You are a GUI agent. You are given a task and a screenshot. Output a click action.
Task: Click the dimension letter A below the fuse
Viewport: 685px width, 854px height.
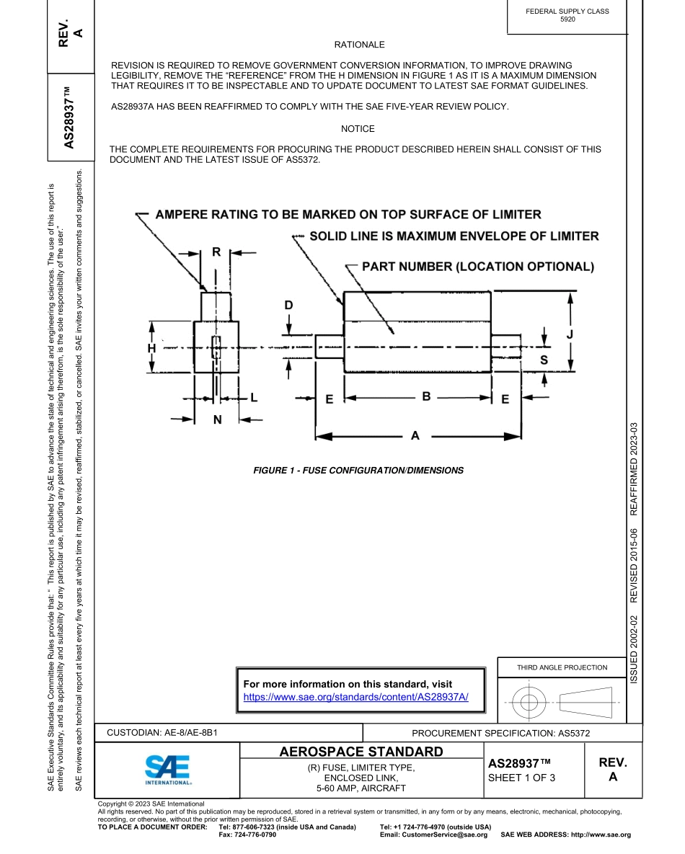[415, 435]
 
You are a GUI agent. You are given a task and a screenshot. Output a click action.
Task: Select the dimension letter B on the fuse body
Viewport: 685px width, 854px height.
[426, 396]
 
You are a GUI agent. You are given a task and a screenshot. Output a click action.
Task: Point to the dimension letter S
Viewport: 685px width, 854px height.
[544, 360]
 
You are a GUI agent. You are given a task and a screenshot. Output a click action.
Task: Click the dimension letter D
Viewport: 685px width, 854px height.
[288, 306]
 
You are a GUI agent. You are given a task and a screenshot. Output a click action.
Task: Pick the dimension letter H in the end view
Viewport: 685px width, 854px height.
[151, 348]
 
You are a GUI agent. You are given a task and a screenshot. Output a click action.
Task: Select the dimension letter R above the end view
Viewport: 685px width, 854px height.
[216, 252]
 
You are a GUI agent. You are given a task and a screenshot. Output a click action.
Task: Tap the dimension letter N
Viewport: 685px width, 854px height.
[217, 419]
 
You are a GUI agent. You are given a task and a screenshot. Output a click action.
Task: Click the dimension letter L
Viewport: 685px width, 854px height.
[253, 397]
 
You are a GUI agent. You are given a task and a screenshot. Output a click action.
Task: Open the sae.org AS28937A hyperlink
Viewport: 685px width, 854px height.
[355, 697]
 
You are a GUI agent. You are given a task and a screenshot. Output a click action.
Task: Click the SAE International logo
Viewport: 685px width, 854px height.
[167, 770]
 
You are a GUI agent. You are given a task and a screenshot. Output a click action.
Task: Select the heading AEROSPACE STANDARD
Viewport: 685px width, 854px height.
[361, 752]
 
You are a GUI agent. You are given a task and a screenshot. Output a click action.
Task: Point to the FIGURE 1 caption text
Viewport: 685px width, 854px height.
[358, 471]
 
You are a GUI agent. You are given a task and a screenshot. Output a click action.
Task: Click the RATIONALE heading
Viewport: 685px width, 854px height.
[359, 45]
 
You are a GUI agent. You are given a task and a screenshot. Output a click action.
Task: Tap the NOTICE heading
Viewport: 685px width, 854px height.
[358, 129]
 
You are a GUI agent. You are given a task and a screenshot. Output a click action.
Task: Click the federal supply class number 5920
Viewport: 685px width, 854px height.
[567, 20]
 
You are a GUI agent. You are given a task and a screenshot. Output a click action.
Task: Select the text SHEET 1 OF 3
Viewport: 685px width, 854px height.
[521, 778]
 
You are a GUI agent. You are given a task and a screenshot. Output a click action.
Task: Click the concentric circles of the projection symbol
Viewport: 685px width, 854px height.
[530, 700]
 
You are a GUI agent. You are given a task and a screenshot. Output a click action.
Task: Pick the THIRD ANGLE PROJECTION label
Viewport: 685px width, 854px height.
[562, 667]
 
